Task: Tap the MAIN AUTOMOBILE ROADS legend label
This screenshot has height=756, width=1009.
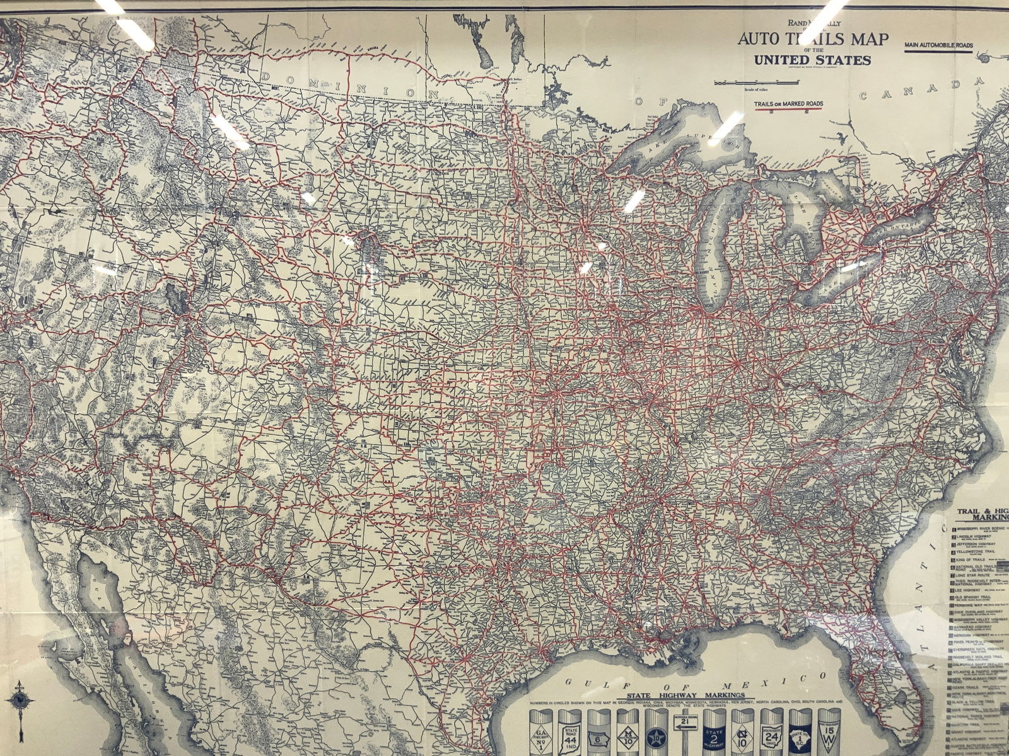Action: (x=938, y=45)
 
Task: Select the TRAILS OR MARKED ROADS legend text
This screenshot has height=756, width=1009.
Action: (x=789, y=104)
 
